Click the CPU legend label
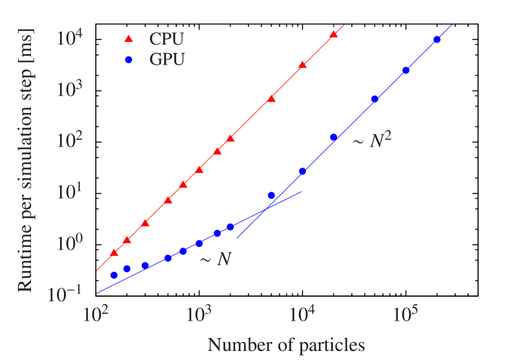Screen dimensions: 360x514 click(166, 39)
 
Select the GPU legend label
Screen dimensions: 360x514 click(167, 60)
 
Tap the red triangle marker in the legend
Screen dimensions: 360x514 click(128, 40)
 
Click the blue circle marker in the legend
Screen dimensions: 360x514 click(128, 60)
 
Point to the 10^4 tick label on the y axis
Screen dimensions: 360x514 click(68, 37)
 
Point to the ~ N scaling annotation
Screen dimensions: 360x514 click(216, 261)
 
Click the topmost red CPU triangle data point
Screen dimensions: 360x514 click(333, 35)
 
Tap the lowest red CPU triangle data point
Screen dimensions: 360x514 click(114, 253)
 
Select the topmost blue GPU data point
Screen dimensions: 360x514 click(437, 39)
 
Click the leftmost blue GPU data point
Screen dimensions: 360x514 click(114, 275)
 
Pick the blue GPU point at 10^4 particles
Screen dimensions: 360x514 click(302, 172)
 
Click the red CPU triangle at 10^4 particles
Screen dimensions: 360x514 click(302, 65)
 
